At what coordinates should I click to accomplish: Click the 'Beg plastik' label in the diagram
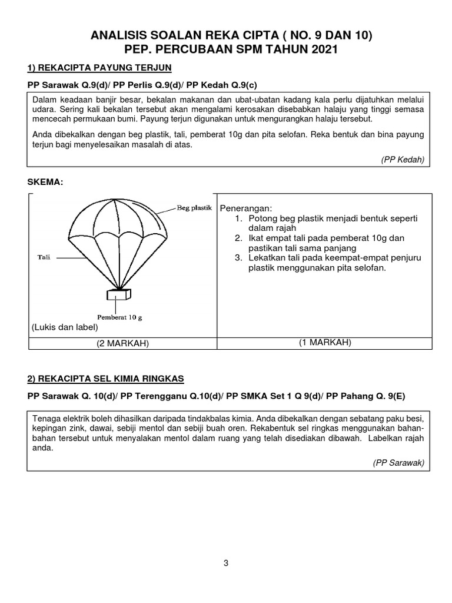[194, 208]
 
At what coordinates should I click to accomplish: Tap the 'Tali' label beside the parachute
[44, 257]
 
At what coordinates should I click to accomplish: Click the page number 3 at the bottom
[225, 563]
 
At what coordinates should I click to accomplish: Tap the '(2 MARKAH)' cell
[122, 344]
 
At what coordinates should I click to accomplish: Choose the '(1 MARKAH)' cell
[325, 343]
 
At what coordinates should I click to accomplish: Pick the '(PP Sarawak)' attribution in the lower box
[398, 463]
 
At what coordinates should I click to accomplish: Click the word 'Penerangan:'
[246, 208]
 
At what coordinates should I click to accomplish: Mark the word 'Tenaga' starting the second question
[46, 418]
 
